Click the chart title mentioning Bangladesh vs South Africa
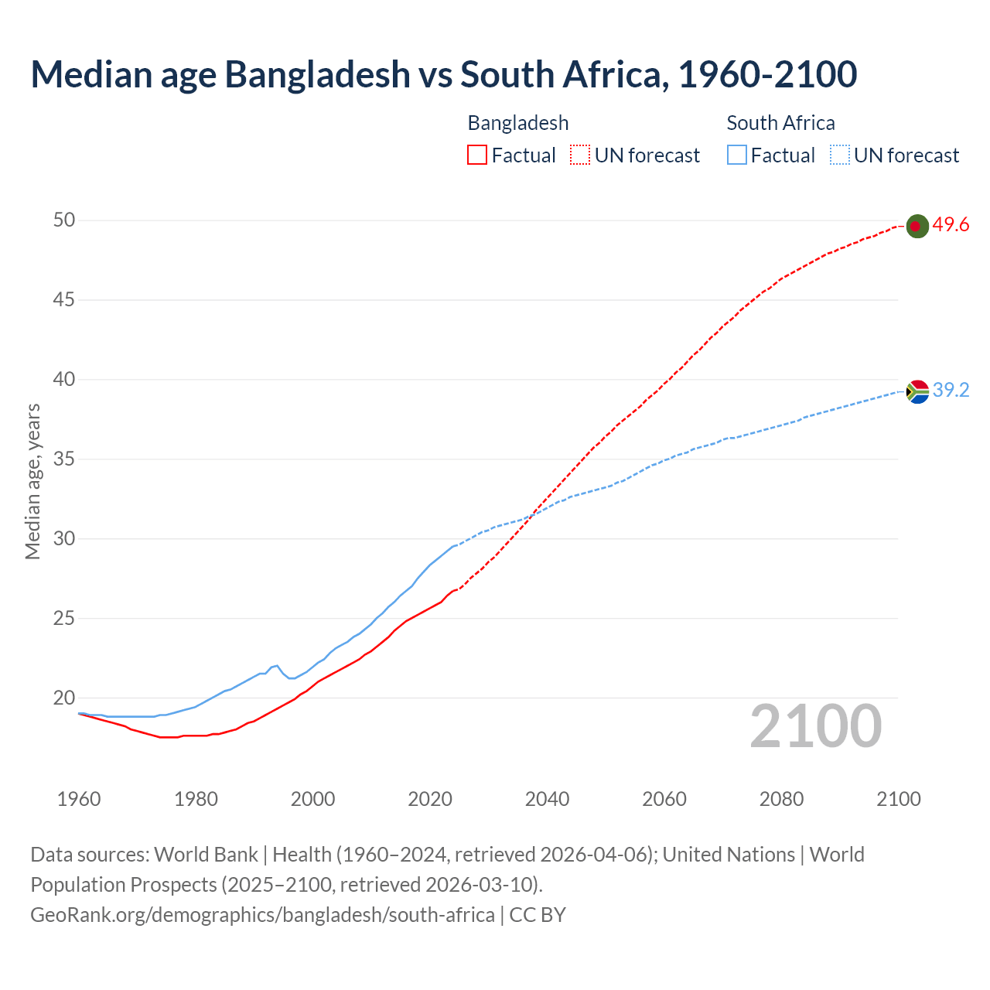tap(443, 74)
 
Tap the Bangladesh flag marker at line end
tap(917, 226)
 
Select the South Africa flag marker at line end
tap(917, 392)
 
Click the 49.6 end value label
tap(951, 225)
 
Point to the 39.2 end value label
tap(951, 391)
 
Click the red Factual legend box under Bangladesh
tap(477, 155)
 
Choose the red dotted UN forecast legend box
tap(580, 155)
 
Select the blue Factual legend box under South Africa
tap(736, 155)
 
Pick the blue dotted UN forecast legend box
tap(839, 155)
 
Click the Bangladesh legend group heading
tap(517, 123)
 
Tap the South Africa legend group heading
tap(780, 123)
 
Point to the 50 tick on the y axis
tap(64, 220)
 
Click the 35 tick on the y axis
tap(64, 459)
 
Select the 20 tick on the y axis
tap(64, 698)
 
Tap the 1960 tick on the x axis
tap(79, 799)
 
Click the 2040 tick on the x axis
tap(547, 799)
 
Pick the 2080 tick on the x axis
tap(781, 799)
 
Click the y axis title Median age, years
tap(32, 481)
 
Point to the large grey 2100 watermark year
tap(815, 726)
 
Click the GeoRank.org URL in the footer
tap(262, 914)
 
